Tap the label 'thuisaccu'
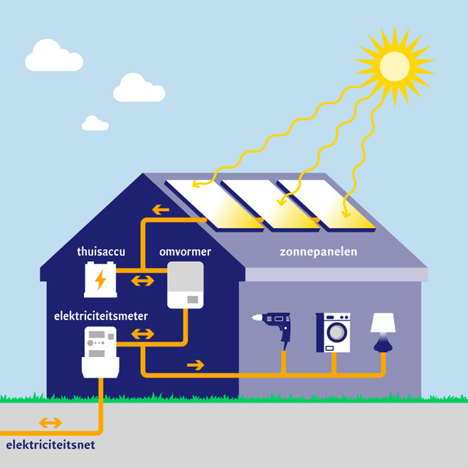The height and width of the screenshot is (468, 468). (100, 252)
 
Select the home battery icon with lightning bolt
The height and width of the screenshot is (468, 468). (100, 280)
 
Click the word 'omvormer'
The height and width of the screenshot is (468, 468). (185, 252)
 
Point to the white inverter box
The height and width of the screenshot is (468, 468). (185, 284)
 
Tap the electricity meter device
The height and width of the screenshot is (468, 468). (100, 351)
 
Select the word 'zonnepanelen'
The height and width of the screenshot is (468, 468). (328, 252)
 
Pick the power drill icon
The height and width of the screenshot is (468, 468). (275, 327)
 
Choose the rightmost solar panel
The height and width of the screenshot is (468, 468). (324, 205)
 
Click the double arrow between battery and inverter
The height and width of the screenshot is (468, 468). (142, 280)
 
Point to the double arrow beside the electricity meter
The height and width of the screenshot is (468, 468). (142, 333)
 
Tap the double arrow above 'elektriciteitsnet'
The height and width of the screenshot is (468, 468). (50, 423)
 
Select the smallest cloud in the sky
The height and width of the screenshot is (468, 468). (95, 124)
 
